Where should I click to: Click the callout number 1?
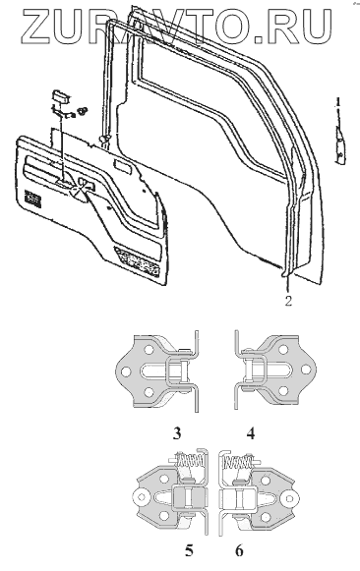tap(338, 102)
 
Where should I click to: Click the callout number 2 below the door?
tap(288, 301)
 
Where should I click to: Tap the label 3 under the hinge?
tap(177, 433)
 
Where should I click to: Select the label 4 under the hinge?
tap(251, 433)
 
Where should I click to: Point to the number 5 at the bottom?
tap(189, 550)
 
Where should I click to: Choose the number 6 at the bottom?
tap(239, 550)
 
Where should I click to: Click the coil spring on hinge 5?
tap(189, 461)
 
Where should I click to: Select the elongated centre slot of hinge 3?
tap(155, 371)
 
